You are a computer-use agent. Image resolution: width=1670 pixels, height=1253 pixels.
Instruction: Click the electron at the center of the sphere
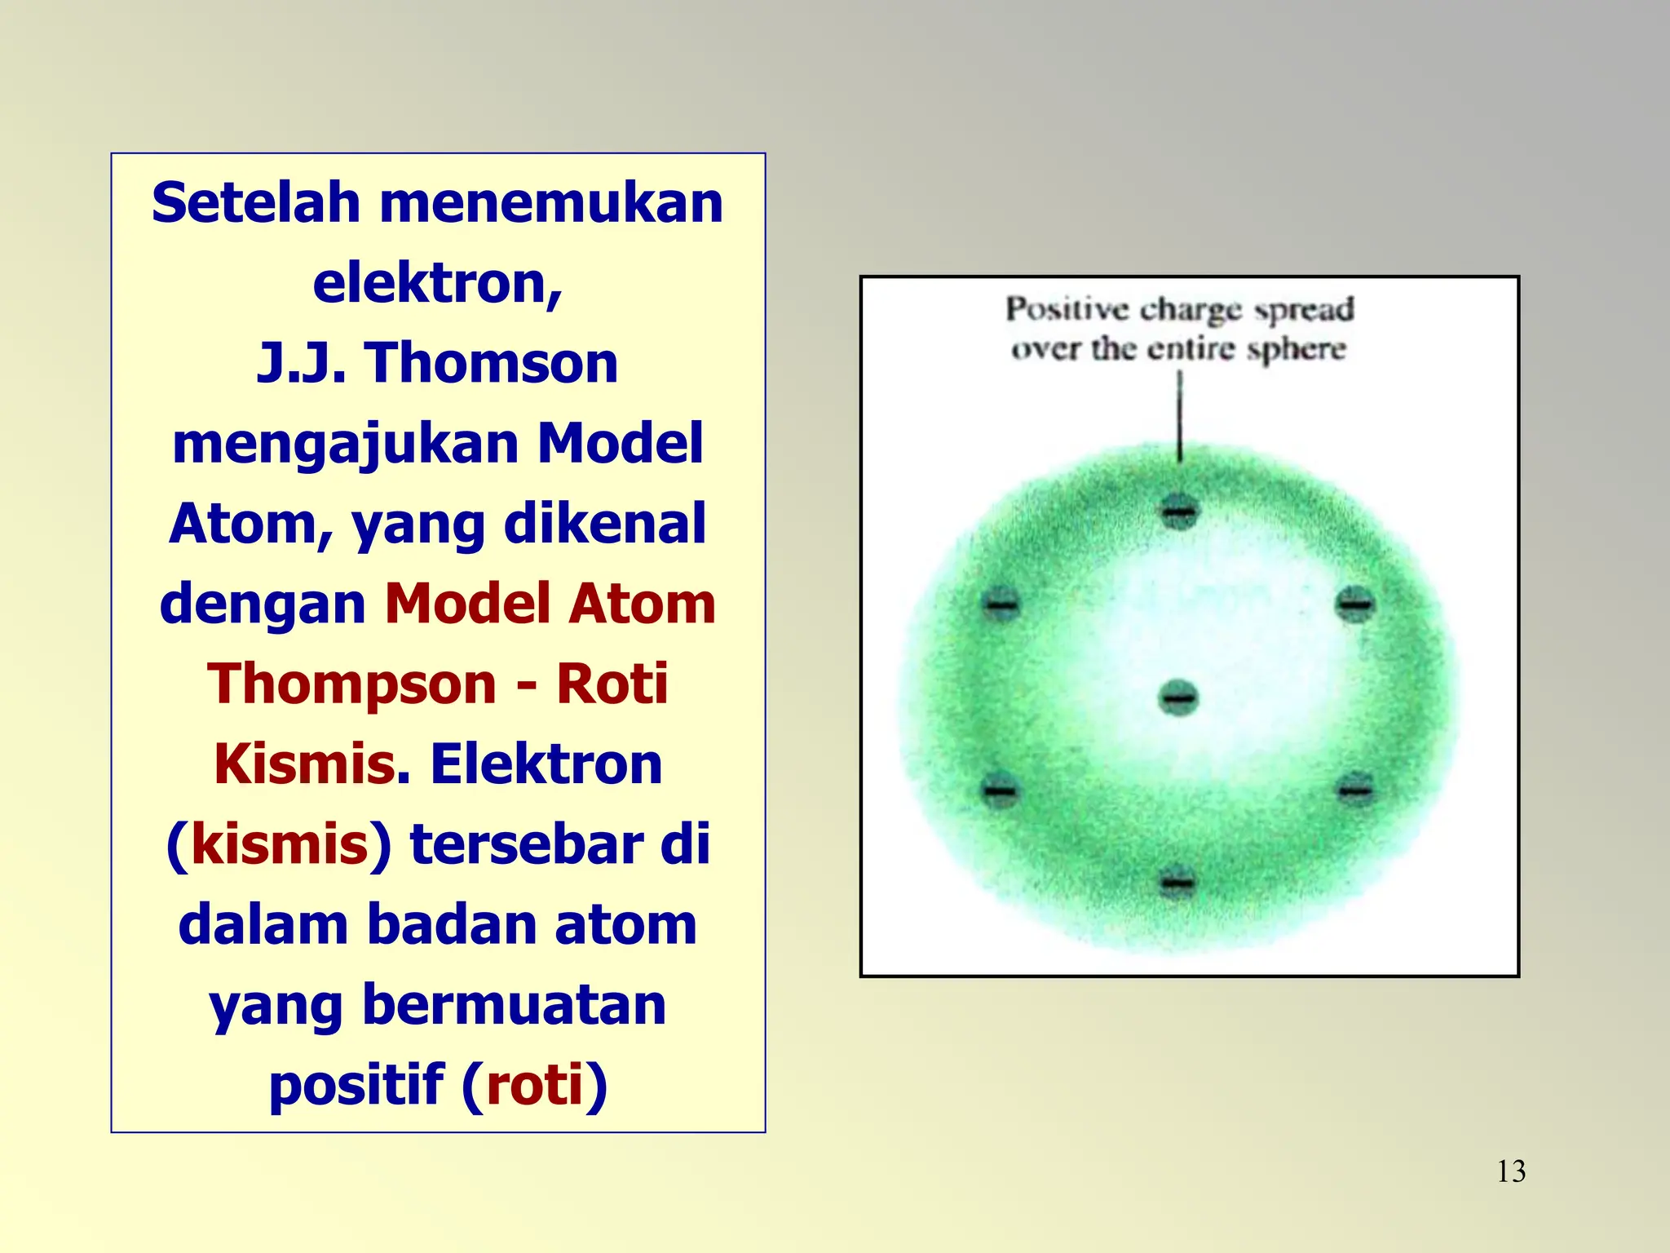click(x=1178, y=698)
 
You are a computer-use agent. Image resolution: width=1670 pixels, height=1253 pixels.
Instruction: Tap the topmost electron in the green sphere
click(x=1179, y=512)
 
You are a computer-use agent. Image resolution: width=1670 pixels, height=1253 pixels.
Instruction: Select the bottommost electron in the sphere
click(x=1177, y=882)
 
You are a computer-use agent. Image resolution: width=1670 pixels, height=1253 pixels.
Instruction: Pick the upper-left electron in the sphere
click(x=1001, y=604)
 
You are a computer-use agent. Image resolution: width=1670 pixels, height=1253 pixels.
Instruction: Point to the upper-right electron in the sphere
click(x=1355, y=604)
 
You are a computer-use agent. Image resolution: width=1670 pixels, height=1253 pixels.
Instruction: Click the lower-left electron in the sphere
click(x=1001, y=790)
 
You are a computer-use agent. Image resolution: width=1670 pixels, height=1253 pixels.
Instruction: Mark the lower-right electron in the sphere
click(x=1355, y=789)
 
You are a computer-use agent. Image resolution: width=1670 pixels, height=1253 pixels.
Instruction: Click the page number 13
click(x=1511, y=1171)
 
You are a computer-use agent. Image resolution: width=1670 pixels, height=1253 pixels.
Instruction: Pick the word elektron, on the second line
click(x=438, y=283)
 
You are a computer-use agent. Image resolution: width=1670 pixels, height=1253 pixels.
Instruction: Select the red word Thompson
click(x=351, y=684)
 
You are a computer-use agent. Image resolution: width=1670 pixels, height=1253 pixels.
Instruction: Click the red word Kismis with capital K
click(x=305, y=764)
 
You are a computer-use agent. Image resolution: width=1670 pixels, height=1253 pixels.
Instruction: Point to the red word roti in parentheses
click(x=535, y=1085)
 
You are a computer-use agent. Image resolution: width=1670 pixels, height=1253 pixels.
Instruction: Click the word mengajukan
click(x=346, y=445)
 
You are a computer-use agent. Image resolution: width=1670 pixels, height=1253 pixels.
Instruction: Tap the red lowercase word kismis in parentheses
click(x=280, y=844)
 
